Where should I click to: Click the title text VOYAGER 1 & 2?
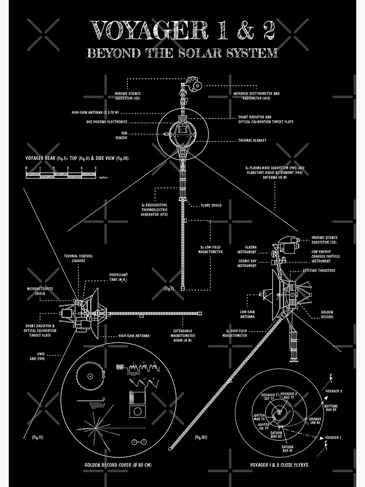click(x=182, y=32)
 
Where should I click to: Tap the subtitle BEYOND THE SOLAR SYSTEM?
click(x=182, y=52)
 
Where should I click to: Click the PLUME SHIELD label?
click(x=211, y=206)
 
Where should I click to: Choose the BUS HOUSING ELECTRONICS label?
click(x=107, y=122)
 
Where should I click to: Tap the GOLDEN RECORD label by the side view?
click(x=327, y=314)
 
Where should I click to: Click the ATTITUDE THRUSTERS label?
click(x=319, y=270)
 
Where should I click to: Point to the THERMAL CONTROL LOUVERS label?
click(x=78, y=258)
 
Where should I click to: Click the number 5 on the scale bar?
click(x=95, y=168)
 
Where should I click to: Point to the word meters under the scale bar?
click(x=103, y=178)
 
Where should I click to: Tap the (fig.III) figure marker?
click(x=201, y=437)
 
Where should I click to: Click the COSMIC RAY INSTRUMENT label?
click(x=247, y=263)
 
